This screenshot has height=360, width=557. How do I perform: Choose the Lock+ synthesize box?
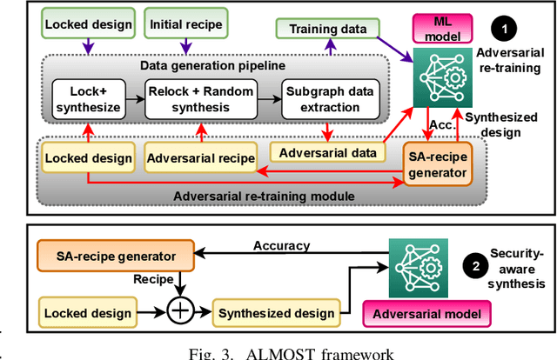[89, 98]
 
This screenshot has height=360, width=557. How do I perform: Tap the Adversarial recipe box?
[201, 158]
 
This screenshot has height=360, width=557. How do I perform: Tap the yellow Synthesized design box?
[276, 313]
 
